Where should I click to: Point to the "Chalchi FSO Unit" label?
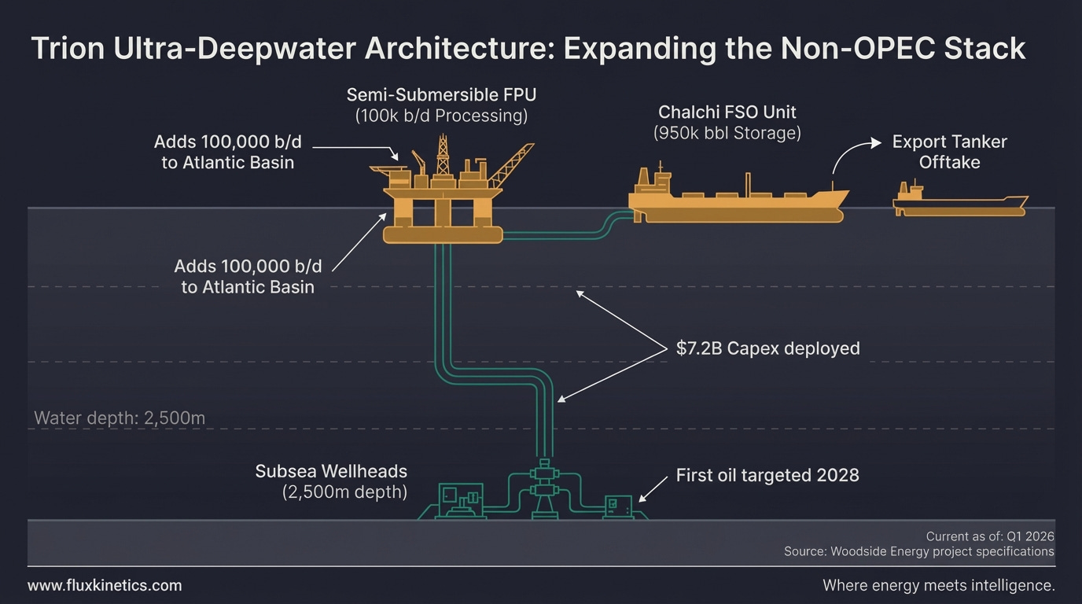click(x=727, y=112)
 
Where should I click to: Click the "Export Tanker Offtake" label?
click(x=949, y=153)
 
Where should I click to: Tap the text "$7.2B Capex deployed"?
click(x=767, y=348)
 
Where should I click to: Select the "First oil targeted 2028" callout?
click(x=767, y=475)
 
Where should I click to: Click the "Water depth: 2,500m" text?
click(x=120, y=418)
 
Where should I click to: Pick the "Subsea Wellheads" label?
click(x=331, y=472)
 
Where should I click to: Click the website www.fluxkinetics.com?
click(x=105, y=586)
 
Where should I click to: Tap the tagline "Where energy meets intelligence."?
click(x=938, y=586)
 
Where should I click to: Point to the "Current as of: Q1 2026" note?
click(x=989, y=536)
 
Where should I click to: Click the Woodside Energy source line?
click(x=918, y=552)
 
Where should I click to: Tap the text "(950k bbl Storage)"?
click(x=727, y=133)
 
